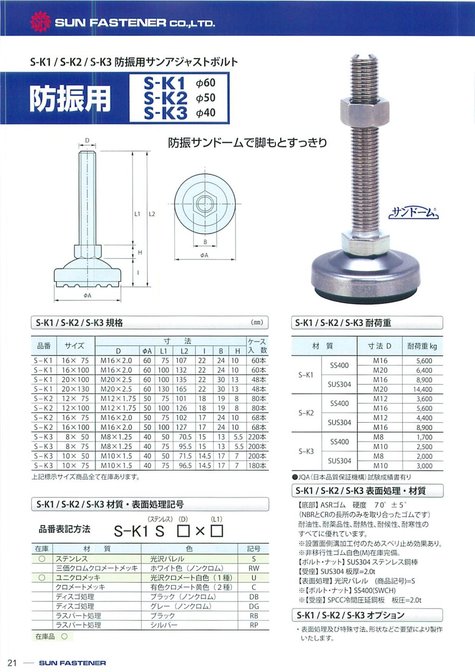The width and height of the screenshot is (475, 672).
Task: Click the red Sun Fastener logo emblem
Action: point(41,22)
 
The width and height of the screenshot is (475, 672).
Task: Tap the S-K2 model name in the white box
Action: point(165,98)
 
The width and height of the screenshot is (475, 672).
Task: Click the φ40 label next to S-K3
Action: point(206,113)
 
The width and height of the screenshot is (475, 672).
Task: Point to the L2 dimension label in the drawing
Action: point(152,214)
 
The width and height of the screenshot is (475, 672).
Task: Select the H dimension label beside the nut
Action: point(140,253)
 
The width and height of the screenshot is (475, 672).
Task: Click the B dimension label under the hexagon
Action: point(205,242)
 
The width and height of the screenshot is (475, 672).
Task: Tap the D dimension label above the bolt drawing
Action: point(87,141)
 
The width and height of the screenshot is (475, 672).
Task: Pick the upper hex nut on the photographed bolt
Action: point(365,113)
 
